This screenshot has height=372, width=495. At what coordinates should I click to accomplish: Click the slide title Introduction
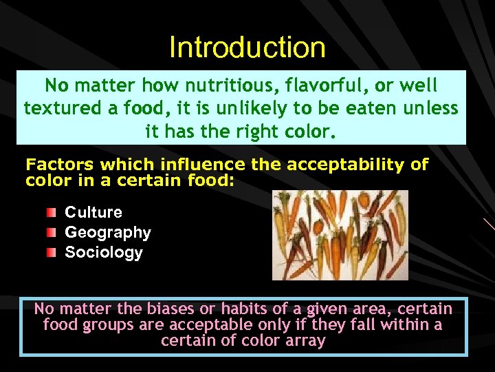(x=247, y=48)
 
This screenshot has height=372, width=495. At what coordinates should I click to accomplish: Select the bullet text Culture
(x=93, y=212)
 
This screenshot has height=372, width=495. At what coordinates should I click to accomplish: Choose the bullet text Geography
(x=108, y=232)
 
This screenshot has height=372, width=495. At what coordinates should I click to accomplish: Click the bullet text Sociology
(x=104, y=252)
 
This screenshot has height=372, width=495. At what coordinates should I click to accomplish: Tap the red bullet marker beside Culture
(x=52, y=211)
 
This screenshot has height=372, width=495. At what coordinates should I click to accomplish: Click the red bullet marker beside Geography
(x=52, y=232)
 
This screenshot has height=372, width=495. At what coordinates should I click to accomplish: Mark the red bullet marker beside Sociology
(x=52, y=252)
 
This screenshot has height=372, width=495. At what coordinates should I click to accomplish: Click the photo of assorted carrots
(x=340, y=235)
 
